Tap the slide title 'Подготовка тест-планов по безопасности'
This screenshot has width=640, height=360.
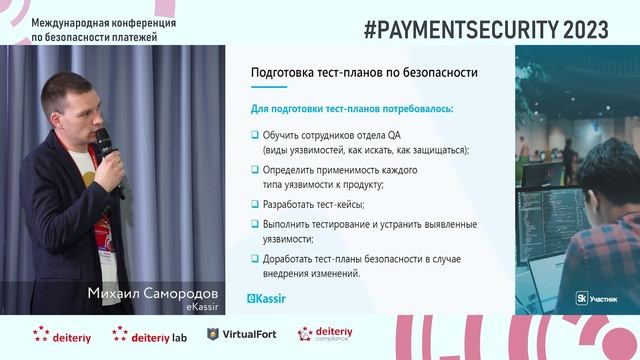point(363,73)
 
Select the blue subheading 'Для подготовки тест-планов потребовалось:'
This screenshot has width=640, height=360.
point(351,107)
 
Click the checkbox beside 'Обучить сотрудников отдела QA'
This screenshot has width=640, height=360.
point(255,134)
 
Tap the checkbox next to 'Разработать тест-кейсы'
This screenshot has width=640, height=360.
point(255,205)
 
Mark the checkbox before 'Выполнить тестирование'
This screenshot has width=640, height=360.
point(255,224)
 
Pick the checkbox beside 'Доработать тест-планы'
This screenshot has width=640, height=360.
point(255,259)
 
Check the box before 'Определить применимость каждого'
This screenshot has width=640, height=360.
point(255,170)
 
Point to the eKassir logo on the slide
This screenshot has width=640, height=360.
point(268,297)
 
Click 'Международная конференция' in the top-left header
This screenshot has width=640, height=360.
point(90,21)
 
